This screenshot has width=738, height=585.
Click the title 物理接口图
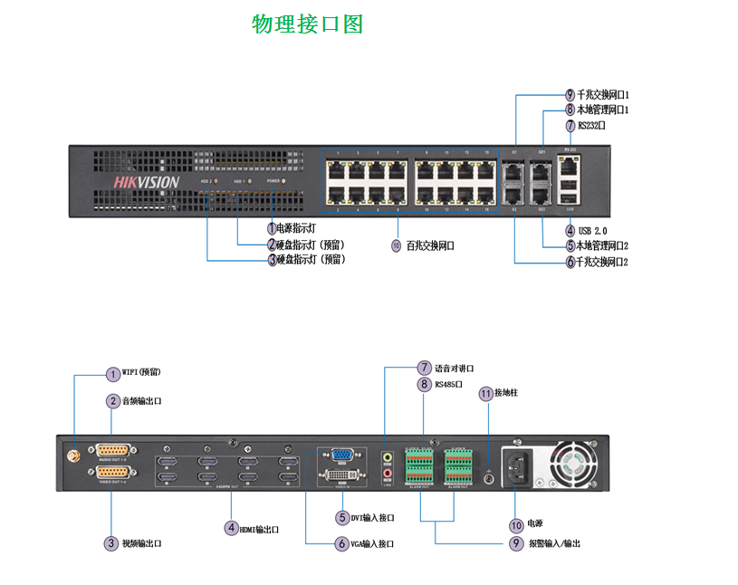pos(307,24)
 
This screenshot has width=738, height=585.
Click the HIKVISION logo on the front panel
pos(146,181)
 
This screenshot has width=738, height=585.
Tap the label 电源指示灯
pos(296,228)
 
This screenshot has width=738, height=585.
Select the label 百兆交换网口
pos(430,245)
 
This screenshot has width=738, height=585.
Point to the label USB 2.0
pos(592,231)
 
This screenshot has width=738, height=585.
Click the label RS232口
pos(591,126)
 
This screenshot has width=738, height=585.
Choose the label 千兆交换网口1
pos(603,94)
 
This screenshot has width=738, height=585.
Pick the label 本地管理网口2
pos(603,245)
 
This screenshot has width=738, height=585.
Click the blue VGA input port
pos(341,456)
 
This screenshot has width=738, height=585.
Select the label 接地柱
pos(505,394)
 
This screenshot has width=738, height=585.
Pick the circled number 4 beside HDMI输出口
pos(232,528)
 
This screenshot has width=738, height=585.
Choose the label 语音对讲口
pos(454,368)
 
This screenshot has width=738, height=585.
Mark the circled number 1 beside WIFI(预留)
pos(112,373)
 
